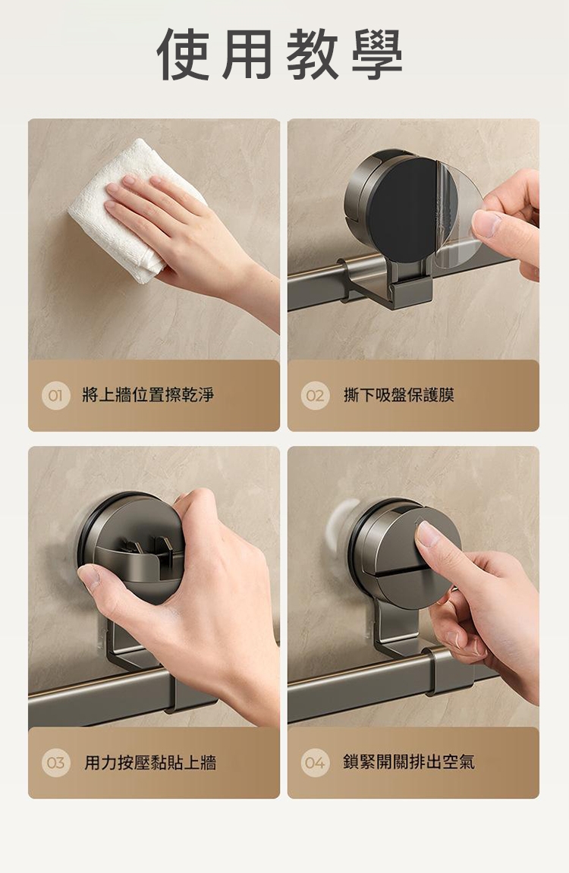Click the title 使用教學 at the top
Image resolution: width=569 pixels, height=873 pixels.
(280, 54)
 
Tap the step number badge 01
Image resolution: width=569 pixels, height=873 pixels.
(55, 396)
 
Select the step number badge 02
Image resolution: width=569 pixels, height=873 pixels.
(315, 396)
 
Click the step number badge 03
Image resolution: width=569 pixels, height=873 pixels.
(55, 763)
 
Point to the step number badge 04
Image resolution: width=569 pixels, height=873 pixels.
(315, 763)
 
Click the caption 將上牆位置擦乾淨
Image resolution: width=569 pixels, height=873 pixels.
(148, 395)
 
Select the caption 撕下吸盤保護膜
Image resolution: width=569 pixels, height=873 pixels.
(399, 395)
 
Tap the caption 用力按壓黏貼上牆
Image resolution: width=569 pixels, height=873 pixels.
(150, 762)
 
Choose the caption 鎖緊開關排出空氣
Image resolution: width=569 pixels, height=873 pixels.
(409, 762)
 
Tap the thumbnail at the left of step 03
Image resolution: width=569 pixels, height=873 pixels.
(91, 576)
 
